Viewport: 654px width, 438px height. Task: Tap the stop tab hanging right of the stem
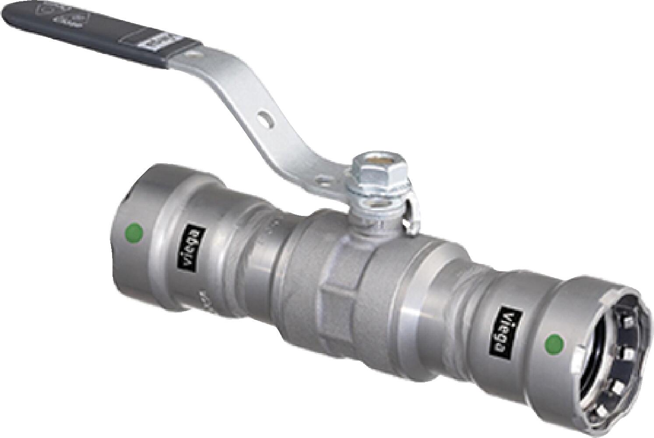pyautogui.click(x=409, y=219)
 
